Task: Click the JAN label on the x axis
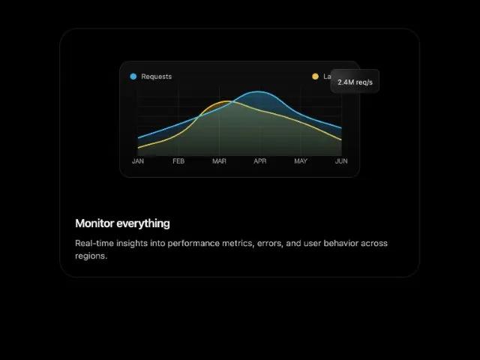[138, 161]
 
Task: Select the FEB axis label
[178, 161]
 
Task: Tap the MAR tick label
[219, 161]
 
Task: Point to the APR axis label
[260, 161]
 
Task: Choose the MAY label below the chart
[301, 161]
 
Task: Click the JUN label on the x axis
[341, 161]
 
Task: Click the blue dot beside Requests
[133, 76]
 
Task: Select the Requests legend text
[156, 76]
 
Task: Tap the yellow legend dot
[316, 76]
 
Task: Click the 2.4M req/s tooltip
[355, 81]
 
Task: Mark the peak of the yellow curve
[224, 100]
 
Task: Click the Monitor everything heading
[122, 223]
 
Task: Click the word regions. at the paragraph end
[91, 256]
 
